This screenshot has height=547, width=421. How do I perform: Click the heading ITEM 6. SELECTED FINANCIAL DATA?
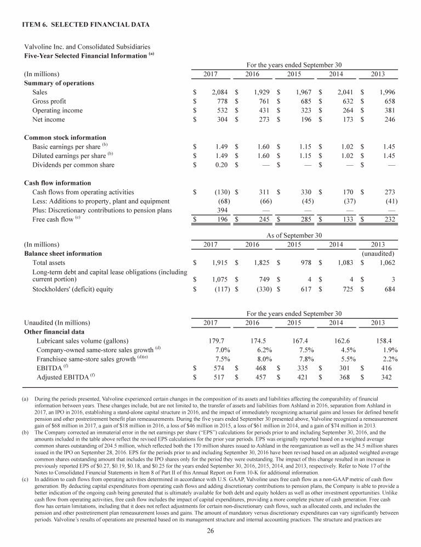pos(86,25)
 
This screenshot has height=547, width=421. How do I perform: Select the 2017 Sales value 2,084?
pos(219,93)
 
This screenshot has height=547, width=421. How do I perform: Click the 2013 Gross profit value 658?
pos(388,103)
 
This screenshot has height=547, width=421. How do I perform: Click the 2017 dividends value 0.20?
pos(220,165)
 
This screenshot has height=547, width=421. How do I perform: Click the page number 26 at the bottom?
pos(210,531)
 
